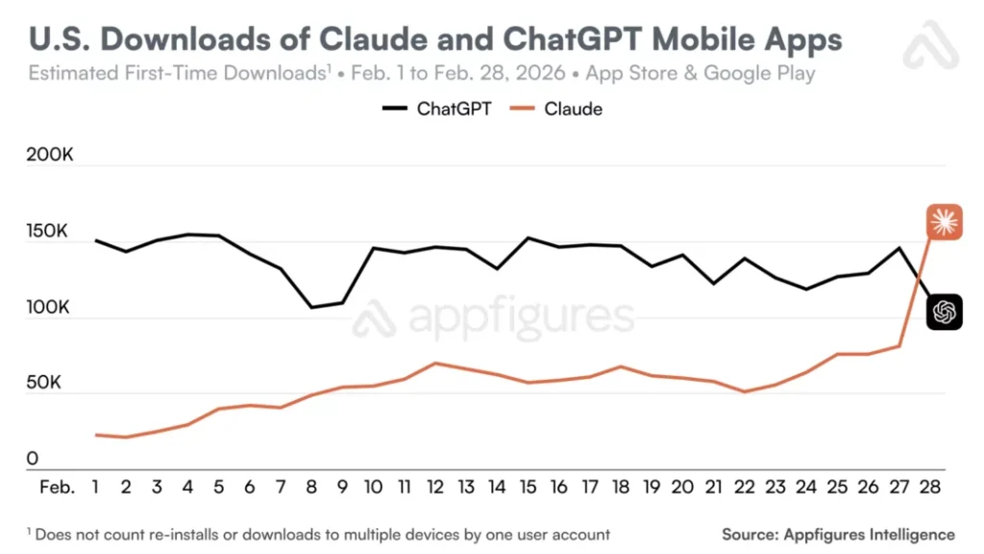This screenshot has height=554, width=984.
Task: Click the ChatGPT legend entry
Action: [437, 110]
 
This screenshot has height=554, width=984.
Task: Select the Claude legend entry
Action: [556, 110]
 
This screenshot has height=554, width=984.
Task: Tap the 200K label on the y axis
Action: [50, 155]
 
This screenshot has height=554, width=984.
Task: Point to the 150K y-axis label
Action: [47, 231]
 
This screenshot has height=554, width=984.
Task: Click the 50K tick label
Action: [44, 383]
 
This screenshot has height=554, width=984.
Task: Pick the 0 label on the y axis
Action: [32, 459]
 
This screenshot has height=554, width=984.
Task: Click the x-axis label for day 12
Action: [435, 487]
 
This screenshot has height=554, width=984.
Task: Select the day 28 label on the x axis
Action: [930, 487]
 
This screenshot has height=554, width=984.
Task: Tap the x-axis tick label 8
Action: [311, 487]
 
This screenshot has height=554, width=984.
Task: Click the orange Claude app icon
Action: [945, 222]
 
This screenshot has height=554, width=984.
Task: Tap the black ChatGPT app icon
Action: [945, 312]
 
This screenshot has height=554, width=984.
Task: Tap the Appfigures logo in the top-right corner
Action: [931, 44]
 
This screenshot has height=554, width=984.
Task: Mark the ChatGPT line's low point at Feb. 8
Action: [312, 307]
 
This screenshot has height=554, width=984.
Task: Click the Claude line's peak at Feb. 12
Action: [435, 363]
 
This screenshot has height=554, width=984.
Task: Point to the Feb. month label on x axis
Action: [57, 487]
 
